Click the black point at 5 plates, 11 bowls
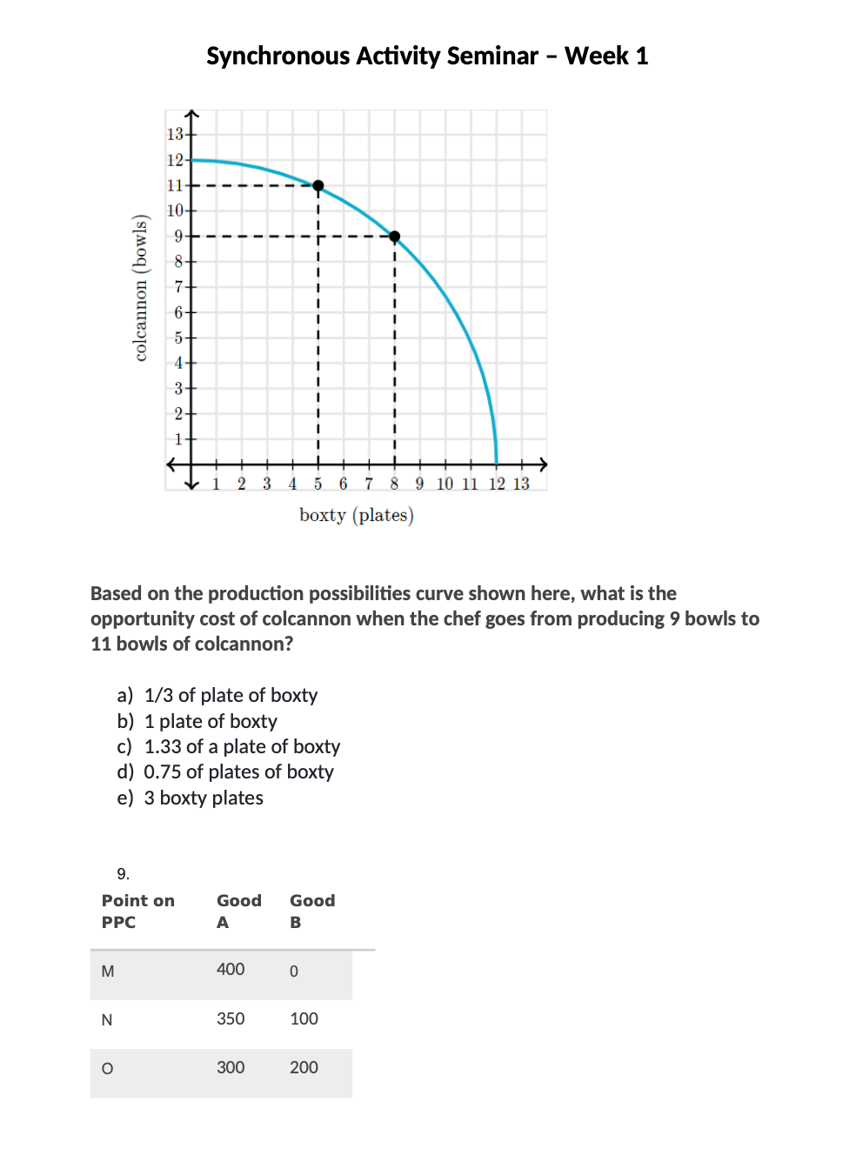[318, 185]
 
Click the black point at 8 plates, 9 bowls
[395, 237]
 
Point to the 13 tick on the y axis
[176, 134]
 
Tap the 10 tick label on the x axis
[445, 484]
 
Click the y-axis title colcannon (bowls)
[140, 287]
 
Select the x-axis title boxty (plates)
[356, 515]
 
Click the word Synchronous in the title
[278, 56]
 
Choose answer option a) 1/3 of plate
[217, 695]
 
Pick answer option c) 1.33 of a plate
[229, 746]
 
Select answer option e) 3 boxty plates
[191, 798]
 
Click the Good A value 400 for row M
[231, 969]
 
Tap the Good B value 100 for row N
[304, 1018]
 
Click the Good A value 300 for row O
[231, 1067]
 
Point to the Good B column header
[311, 911]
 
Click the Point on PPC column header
[137, 911]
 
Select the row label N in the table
[107, 1019]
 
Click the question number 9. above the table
[123, 873]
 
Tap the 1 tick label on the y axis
[178, 439]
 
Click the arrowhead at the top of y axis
[192, 113]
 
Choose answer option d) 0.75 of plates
[226, 771]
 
